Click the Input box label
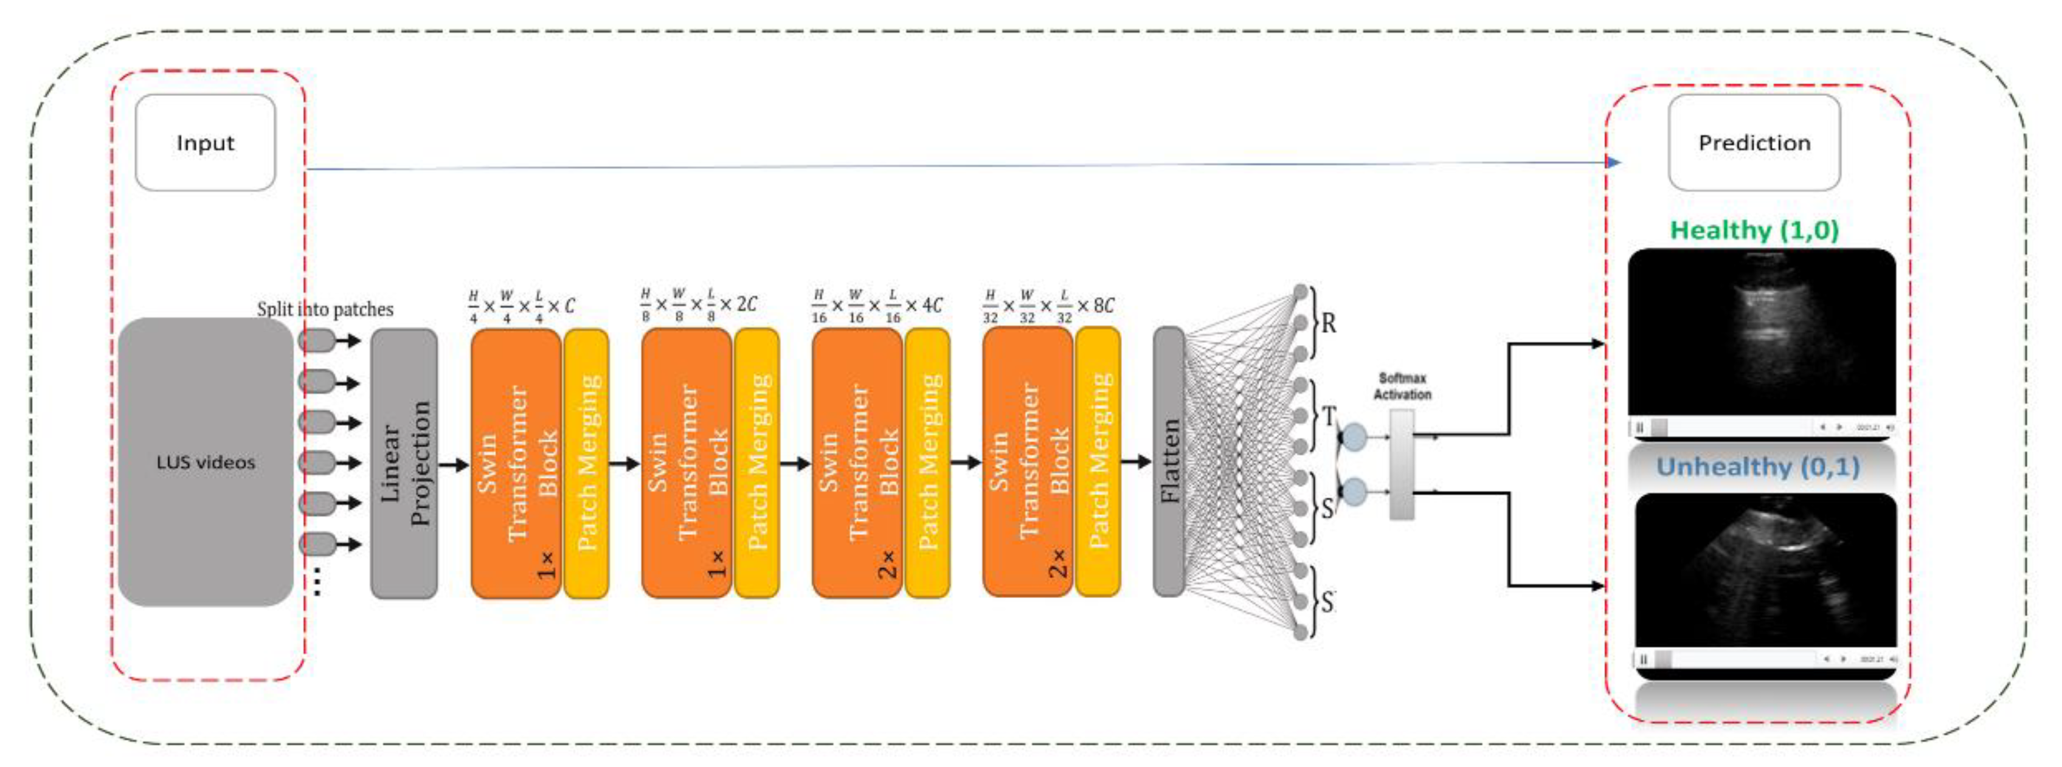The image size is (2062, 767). pos(205,143)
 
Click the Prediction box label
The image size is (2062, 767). pos(1754,143)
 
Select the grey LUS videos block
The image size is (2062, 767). pos(205,461)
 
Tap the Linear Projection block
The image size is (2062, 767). pos(404,463)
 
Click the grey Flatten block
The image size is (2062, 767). pos(1169,461)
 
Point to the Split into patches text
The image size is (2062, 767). pos(325,309)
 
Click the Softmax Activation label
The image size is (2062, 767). pos(1402,387)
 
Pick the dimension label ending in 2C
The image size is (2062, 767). pos(698,304)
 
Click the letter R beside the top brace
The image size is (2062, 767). pos(1328,323)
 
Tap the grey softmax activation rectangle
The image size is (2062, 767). pos(1402,464)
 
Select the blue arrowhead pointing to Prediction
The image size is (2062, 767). pos(1614,162)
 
